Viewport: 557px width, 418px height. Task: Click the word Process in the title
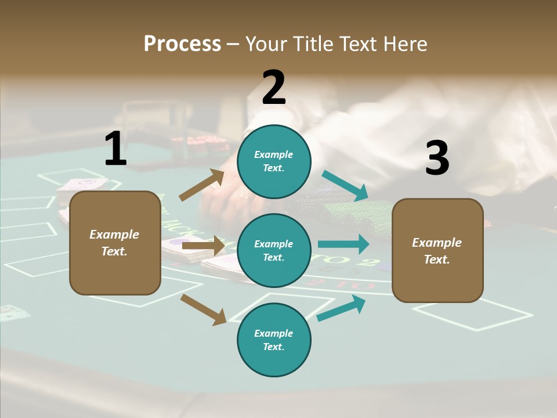(182, 44)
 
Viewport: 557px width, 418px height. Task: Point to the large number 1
(115, 149)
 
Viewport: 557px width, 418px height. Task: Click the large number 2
(274, 88)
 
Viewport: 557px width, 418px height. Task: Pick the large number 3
(437, 158)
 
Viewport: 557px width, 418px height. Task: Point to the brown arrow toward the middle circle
(203, 246)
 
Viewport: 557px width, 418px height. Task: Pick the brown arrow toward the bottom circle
(204, 309)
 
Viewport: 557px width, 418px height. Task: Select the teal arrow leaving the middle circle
(343, 244)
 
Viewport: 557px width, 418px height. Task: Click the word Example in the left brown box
(114, 235)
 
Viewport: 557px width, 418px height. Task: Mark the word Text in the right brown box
(436, 260)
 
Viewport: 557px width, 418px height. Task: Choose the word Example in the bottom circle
(273, 333)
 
